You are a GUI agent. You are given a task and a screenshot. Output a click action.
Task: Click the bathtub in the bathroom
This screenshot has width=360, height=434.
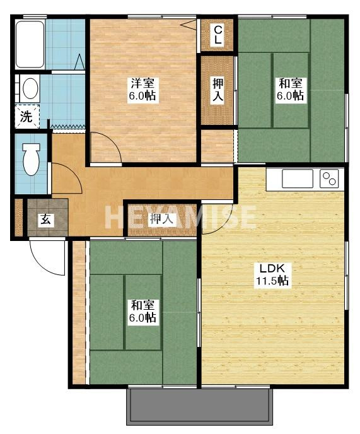coord(30,44)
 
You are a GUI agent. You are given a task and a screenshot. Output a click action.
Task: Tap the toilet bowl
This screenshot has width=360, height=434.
coord(31,159)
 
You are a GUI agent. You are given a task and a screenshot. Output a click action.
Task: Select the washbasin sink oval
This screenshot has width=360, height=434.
coord(30,88)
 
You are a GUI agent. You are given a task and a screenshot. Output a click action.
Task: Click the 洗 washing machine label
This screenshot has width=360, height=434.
coord(26,117)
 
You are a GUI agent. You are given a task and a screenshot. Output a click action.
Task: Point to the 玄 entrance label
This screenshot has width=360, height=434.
coord(45,220)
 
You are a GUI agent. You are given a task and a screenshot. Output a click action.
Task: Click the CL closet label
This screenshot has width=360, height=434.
coord(218,35)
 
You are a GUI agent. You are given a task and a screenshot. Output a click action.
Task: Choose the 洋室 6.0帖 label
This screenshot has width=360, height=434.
coord(142,89)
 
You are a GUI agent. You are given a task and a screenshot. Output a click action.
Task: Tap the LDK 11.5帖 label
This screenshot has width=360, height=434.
coord(272,274)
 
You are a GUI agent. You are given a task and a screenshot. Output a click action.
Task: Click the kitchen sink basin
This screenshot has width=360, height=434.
coord(297,179)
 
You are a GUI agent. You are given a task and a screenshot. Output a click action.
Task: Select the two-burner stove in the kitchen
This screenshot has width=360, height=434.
coord(329,179)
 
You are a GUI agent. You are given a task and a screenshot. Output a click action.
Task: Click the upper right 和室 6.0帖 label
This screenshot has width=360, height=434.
coord(291,89)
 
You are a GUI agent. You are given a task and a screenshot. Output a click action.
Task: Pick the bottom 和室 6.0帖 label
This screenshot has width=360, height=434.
coord(142,311)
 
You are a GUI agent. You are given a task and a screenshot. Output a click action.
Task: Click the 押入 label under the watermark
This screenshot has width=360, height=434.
coord(161,220)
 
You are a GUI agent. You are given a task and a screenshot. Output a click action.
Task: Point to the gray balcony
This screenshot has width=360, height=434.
coord(199,406)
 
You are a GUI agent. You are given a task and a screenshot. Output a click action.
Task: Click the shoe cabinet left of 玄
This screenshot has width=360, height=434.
coord(18,218)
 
